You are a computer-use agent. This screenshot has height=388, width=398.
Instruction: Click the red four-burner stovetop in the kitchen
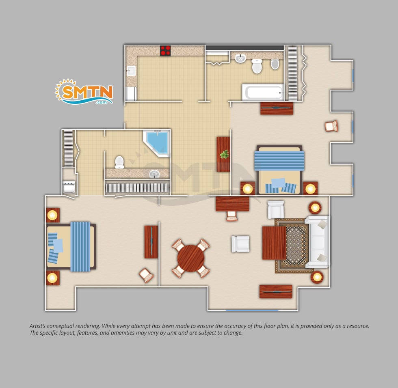point(165,50)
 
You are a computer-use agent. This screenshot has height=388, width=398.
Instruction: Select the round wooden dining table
point(191,259)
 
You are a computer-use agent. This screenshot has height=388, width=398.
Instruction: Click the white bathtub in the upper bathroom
point(263,92)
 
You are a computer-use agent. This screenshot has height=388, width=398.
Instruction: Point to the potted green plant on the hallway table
point(224,154)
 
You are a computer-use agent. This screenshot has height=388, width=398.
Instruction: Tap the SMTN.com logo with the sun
point(84,92)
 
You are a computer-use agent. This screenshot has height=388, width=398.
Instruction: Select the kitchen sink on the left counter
point(131,71)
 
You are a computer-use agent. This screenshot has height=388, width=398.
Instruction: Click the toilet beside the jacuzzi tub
point(119,162)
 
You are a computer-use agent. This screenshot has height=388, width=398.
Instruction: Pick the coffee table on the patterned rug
point(274,243)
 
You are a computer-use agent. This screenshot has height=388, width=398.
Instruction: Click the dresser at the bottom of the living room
point(276,292)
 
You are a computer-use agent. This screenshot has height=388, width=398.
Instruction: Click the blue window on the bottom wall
point(252,310)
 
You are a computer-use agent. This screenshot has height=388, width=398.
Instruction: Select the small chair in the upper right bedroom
point(331,126)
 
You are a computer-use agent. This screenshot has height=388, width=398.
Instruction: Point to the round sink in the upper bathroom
point(240,58)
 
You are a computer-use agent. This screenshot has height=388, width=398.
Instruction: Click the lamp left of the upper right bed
point(247,189)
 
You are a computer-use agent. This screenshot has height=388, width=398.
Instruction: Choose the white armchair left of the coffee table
point(240,244)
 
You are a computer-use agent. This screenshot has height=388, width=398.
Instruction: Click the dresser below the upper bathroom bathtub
point(277,108)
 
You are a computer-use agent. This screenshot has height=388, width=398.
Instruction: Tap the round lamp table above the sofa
point(315,208)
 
